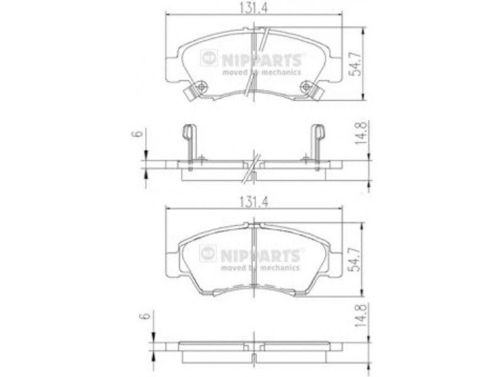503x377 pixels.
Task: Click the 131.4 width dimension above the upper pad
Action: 253,7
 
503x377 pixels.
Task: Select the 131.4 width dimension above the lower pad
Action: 253,202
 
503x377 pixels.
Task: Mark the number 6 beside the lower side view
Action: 145,315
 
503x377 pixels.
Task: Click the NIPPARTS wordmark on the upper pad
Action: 261,60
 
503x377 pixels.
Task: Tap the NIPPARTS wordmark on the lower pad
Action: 260,256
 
